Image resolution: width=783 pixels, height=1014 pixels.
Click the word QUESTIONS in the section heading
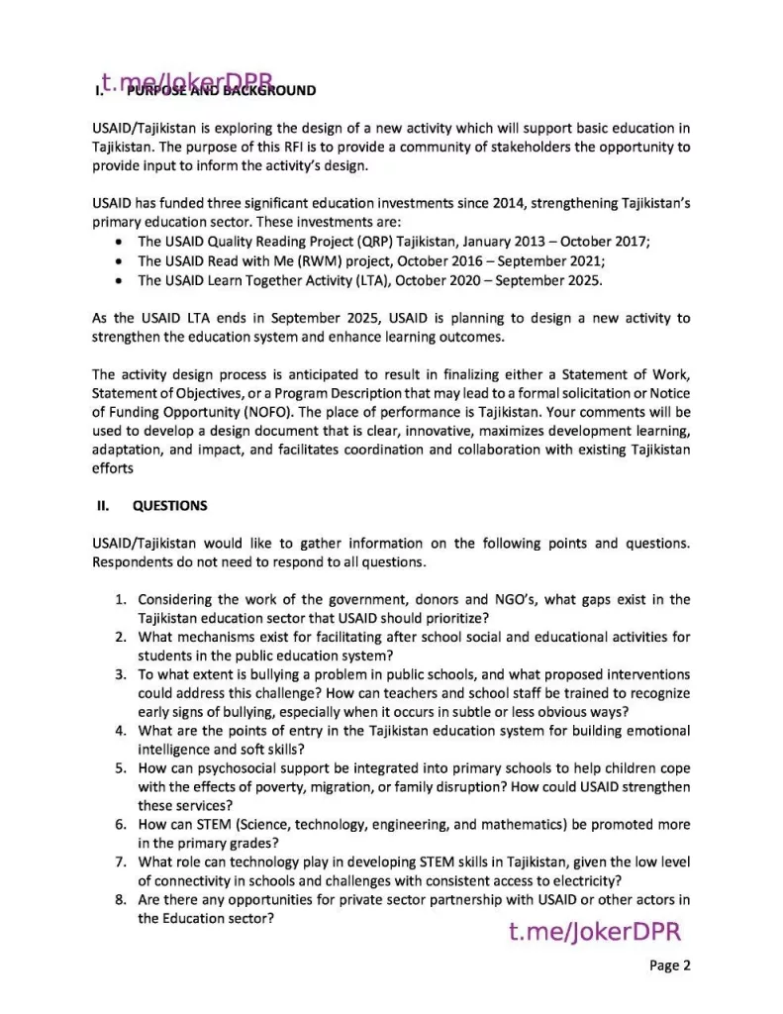[169, 505]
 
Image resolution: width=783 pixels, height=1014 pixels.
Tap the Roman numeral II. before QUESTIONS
[102, 505]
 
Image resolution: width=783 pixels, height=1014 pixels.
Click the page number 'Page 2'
[670, 965]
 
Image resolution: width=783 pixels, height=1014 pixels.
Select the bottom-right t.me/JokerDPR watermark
[594, 932]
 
